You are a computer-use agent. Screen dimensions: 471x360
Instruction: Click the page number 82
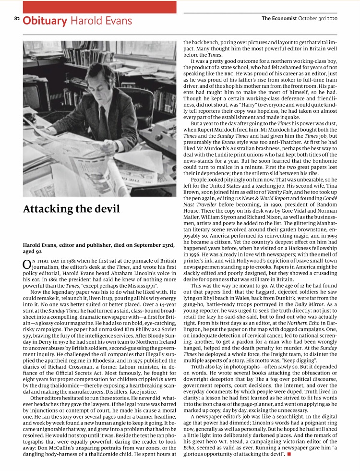17,19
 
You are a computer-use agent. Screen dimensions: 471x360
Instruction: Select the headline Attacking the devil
72,209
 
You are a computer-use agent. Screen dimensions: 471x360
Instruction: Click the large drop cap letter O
27,265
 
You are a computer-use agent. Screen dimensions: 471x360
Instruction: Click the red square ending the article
289,453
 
